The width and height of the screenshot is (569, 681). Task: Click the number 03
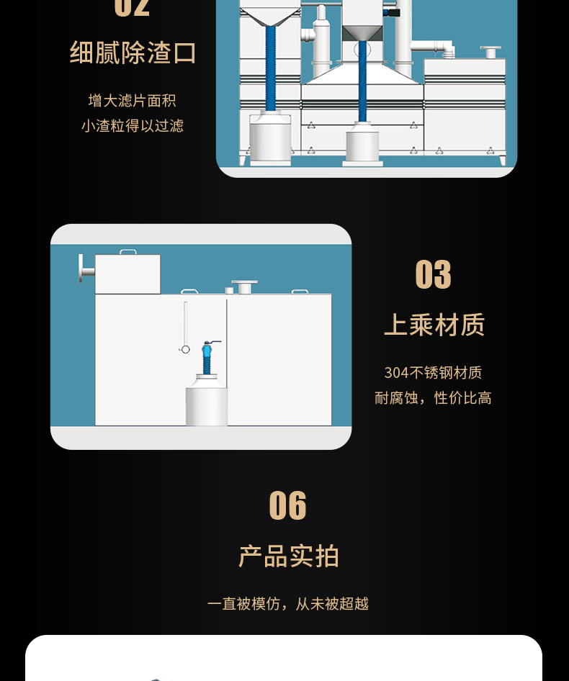tap(433, 274)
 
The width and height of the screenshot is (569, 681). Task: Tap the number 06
tap(288, 505)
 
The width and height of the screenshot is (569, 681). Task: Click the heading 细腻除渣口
tap(133, 53)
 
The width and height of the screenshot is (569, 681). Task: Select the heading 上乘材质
tap(434, 325)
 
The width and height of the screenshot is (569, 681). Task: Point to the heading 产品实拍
tap(288, 556)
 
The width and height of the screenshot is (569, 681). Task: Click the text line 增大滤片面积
tap(132, 101)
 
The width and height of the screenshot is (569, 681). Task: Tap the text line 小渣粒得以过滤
tap(132, 126)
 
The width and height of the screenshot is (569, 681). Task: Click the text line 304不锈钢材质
tap(433, 373)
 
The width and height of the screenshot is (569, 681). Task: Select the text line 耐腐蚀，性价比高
tap(433, 398)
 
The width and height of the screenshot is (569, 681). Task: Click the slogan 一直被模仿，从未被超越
tap(288, 604)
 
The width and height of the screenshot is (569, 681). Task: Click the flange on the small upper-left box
tap(86, 269)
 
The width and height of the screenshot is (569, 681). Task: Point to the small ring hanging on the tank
tap(185, 349)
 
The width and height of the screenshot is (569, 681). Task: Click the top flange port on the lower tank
tap(244, 287)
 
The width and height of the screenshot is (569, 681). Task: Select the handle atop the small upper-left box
tap(127, 251)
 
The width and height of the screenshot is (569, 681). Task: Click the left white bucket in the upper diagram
tap(270, 138)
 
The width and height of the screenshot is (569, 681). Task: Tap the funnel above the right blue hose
tap(362, 34)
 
